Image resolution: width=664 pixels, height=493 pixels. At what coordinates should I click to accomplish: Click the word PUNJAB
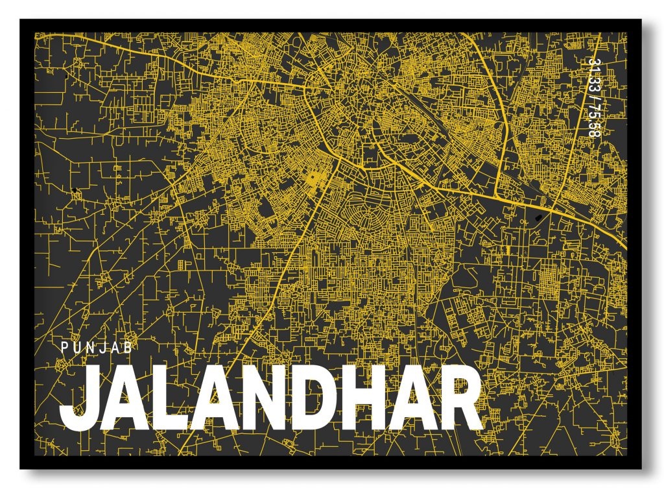(97, 347)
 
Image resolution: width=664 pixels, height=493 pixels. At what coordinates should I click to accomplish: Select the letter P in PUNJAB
(64, 347)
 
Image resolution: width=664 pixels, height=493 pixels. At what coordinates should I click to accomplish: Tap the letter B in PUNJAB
(129, 347)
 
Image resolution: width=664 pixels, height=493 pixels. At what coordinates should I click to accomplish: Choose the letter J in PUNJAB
(104, 347)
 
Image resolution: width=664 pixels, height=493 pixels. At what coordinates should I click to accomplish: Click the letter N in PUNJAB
(90, 347)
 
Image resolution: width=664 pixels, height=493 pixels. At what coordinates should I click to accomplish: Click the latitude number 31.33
(592, 72)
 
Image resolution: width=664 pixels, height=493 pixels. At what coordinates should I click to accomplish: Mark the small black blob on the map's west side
(75, 189)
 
